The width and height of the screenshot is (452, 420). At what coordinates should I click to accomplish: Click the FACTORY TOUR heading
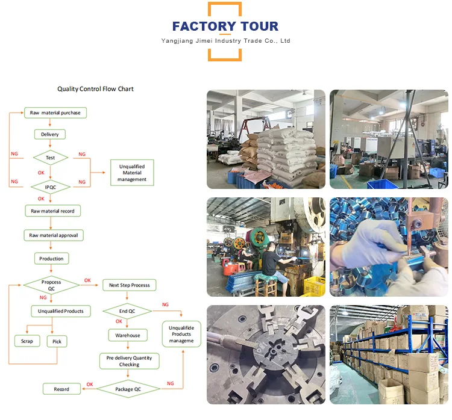225,26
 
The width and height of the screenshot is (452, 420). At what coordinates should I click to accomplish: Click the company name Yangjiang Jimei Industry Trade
226,41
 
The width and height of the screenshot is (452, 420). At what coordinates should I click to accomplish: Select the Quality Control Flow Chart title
95,89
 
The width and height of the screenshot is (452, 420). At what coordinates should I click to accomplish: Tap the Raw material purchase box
55,113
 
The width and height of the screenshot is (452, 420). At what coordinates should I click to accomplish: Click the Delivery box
50,134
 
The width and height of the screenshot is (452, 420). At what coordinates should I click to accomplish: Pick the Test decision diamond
51,158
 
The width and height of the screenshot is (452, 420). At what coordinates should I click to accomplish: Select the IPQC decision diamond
51,187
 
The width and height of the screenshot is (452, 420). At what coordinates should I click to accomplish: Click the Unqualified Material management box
132,173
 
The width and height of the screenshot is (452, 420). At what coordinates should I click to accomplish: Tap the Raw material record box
52,211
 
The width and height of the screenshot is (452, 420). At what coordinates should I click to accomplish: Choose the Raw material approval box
53,235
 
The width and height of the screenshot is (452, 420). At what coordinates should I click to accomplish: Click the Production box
51,258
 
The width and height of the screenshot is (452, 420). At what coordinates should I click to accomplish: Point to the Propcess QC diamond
51,285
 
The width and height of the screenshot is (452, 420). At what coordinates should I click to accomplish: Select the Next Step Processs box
130,285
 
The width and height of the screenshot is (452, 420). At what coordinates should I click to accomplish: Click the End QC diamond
127,311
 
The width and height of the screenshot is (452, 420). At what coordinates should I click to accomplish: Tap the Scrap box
27,341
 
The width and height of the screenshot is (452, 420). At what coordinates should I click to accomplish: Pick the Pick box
57,341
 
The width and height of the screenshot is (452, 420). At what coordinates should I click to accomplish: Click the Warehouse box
128,335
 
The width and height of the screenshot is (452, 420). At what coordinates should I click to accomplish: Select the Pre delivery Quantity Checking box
129,361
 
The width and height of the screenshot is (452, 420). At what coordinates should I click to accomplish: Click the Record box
61,389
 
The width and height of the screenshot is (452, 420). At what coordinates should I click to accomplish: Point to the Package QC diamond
129,389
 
